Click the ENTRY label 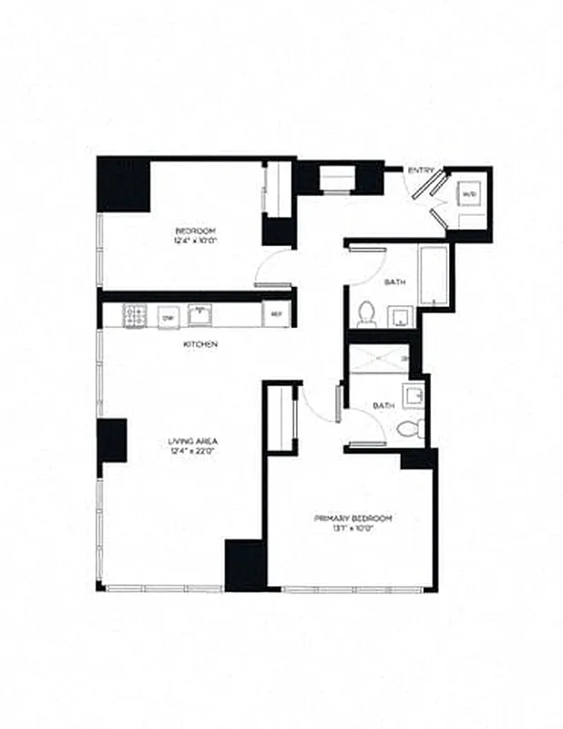tap(421, 170)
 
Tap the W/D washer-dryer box tap(469, 195)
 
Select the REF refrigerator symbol tap(276, 315)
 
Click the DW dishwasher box tap(167, 316)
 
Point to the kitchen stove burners tap(136, 315)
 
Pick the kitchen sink tap(200, 314)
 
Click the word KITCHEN tap(200, 344)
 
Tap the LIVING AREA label tap(192, 441)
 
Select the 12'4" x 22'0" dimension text tap(192, 450)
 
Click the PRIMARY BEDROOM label tap(353, 518)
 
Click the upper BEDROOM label tap(196, 231)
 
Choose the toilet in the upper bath tap(367, 313)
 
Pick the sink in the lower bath tap(412, 395)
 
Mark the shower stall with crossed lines tap(377, 359)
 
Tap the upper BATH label tap(394, 282)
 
